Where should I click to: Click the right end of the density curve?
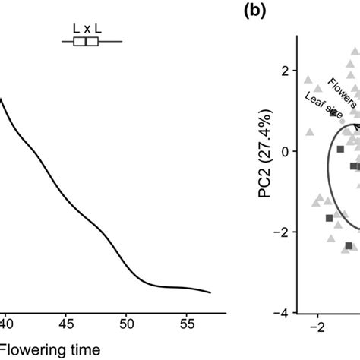click(x=210, y=271)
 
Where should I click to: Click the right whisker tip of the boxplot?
click(x=122, y=43)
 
